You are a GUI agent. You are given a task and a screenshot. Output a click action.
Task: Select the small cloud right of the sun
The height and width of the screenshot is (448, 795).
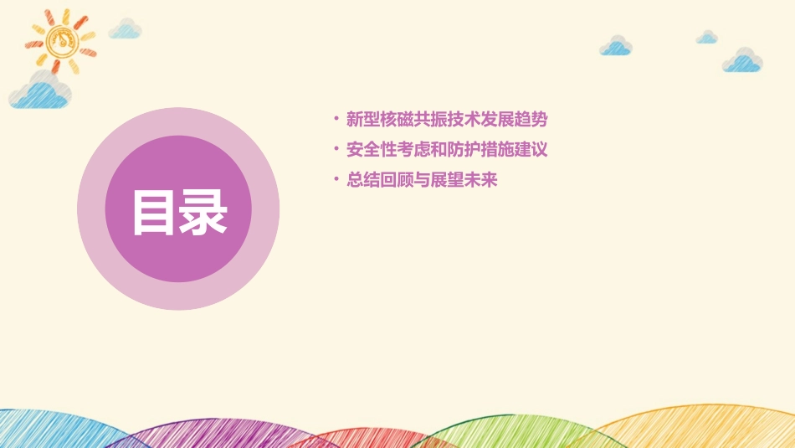click(x=126, y=29)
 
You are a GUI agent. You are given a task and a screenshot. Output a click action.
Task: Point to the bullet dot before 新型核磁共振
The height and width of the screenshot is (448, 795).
click(x=336, y=119)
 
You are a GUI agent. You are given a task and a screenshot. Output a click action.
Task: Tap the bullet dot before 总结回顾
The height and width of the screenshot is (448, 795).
click(x=336, y=179)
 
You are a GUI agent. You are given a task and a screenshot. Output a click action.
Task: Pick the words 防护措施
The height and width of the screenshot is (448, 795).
click(x=485, y=150)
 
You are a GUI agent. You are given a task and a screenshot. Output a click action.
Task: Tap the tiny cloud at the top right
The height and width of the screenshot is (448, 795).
click(x=707, y=38)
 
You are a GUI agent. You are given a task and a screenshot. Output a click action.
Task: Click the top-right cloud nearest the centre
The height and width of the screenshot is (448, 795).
click(x=616, y=46)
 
